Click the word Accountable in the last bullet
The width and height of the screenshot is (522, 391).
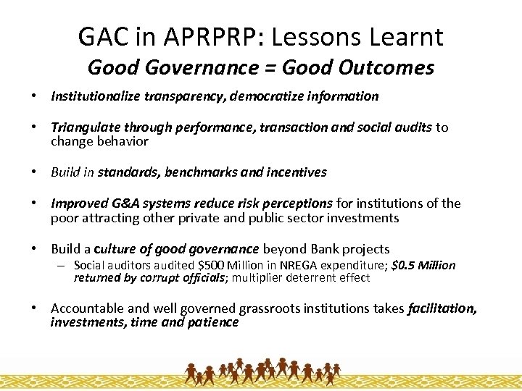click(85, 309)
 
